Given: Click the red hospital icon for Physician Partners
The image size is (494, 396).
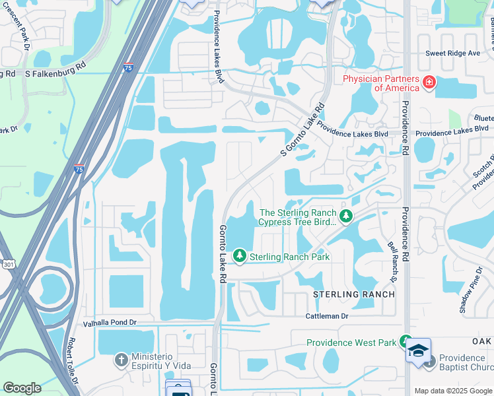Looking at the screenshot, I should [429, 83].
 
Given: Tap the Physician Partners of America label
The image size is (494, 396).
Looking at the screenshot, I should [381, 83].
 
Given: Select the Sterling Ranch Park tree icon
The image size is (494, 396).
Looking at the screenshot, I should [240, 255].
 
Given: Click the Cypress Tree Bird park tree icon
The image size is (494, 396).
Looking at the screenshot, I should [345, 216].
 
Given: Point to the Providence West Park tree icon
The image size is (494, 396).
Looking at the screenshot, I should [406, 342].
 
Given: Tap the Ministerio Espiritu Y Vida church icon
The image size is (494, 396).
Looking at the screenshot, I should [121, 360].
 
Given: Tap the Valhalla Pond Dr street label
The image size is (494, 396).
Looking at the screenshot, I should [109, 323].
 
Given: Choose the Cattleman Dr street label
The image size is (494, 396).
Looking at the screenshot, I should [326, 316].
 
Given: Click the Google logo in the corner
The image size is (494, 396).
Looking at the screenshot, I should [22, 388].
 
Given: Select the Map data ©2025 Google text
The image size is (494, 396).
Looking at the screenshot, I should [452, 391].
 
